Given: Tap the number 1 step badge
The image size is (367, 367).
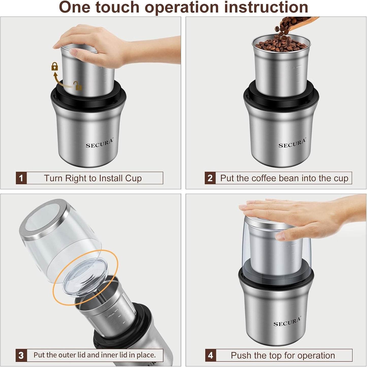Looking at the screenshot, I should point(21,178).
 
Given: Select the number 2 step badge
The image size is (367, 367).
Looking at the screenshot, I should point(210,178).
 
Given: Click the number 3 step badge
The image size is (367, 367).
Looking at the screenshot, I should point(21,355).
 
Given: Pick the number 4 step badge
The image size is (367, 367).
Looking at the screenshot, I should point(211,355).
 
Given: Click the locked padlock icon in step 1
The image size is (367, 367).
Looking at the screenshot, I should point(55,66).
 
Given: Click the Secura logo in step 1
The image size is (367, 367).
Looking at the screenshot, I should point(99,144).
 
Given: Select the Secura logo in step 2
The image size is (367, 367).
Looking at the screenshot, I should point(292,144).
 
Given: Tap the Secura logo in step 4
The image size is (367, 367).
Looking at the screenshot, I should point(287,322).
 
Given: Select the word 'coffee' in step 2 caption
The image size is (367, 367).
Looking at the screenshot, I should point(264,178).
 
